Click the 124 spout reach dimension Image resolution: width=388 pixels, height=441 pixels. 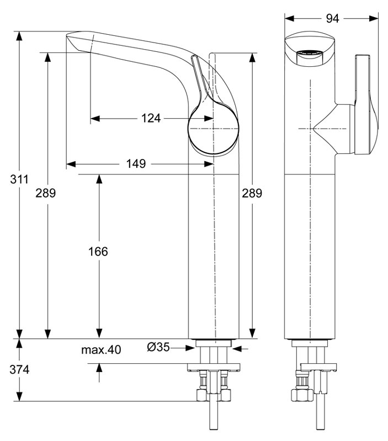151,118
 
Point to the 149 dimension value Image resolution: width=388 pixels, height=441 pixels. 135,164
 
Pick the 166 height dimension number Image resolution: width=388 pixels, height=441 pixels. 99,252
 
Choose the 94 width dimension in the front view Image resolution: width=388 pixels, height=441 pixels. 331,19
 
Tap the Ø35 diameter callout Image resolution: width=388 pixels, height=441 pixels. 158,347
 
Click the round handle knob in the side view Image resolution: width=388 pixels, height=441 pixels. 214,128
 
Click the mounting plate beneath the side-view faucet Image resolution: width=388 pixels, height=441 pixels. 215,366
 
